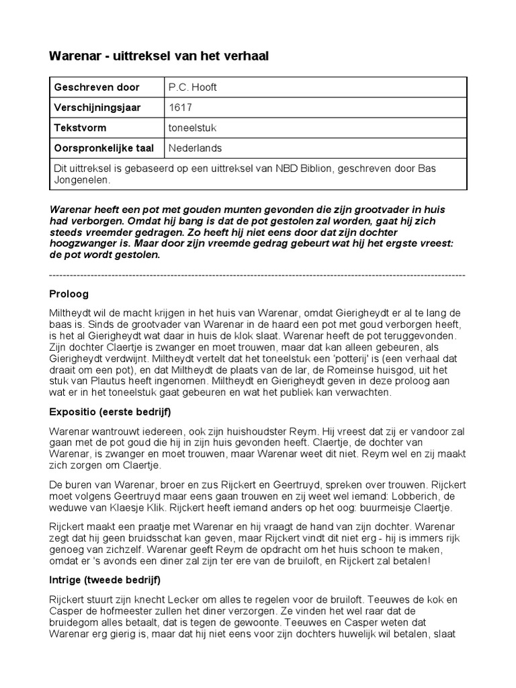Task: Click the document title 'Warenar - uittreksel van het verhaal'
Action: [x=159, y=56]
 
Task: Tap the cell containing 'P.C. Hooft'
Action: [x=193, y=87]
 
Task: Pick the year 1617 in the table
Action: [x=179, y=107]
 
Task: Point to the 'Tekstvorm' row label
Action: [x=80, y=128]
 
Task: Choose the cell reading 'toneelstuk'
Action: [x=192, y=128]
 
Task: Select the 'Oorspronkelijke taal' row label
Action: [x=104, y=148]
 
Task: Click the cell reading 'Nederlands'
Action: [x=195, y=148]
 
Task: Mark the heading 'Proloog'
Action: [x=69, y=294]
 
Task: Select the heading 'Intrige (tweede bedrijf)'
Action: [x=105, y=579]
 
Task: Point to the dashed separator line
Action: [x=257, y=275]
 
